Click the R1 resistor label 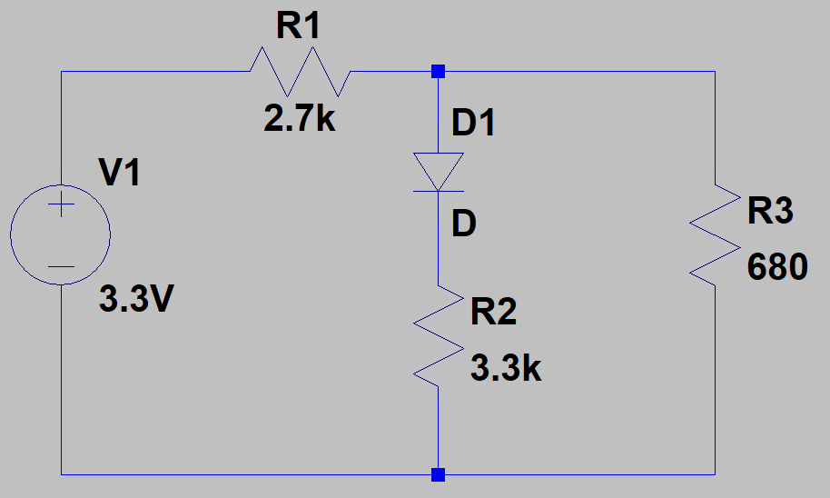(x=299, y=27)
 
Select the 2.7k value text (x=300, y=119)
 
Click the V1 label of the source (x=120, y=173)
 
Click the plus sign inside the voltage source (x=61, y=205)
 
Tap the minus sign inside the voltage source (x=61, y=266)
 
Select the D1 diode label (x=474, y=122)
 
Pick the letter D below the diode (x=463, y=224)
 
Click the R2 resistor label (x=494, y=312)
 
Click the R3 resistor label (x=770, y=211)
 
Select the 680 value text (x=777, y=267)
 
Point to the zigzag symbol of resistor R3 (x=715, y=234)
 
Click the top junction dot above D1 (x=439, y=71)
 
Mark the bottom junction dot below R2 (x=439, y=473)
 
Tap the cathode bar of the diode (x=439, y=191)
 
